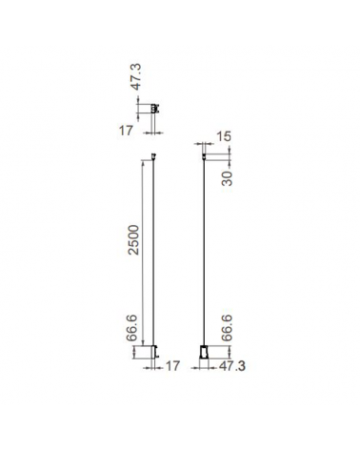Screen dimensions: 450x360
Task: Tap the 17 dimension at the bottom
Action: [172, 365]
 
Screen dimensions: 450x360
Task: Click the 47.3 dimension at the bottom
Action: [232, 365]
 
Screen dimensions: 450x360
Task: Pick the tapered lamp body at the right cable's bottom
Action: [205, 354]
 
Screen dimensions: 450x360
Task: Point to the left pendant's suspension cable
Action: [152, 257]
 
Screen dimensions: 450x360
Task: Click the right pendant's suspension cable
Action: [205, 257]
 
